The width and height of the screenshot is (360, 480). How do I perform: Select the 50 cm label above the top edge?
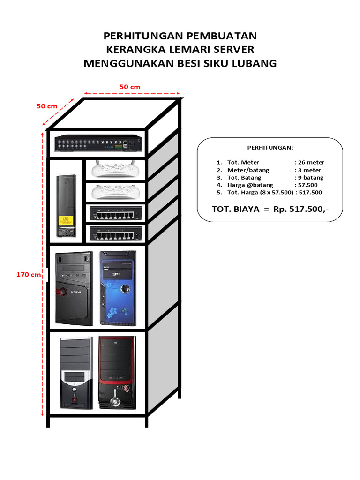point(130,87)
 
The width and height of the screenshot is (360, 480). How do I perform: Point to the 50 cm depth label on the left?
point(47,106)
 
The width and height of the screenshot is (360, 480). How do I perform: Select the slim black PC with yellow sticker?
point(66,206)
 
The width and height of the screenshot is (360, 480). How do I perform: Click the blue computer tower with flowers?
point(117,288)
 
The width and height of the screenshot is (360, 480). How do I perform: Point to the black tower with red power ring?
point(74,288)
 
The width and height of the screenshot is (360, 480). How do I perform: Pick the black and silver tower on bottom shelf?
point(75,373)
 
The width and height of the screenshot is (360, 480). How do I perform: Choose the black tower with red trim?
point(117,372)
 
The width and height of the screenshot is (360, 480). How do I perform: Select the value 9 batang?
point(309,178)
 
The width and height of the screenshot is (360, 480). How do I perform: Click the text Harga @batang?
point(250,185)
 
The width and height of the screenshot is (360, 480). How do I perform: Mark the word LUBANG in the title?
point(255,63)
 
